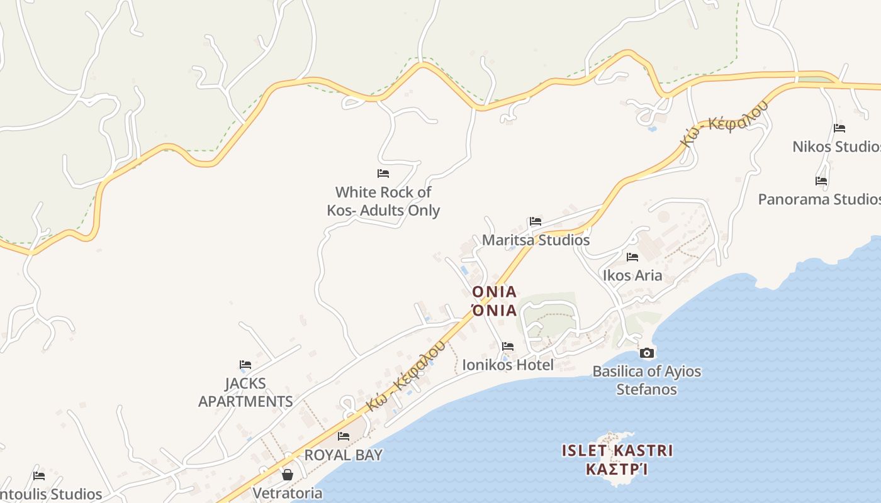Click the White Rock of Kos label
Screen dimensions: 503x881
click(x=383, y=201)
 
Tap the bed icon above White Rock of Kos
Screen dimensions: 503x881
click(x=383, y=174)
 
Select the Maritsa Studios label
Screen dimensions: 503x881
click(x=536, y=240)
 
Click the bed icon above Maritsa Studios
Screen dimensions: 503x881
click(x=536, y=221)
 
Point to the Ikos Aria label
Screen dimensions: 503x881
click(x=632, y=275)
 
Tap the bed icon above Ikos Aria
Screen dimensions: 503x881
click(x=632, y=257)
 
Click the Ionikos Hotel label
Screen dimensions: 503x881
click(x=508, y=365)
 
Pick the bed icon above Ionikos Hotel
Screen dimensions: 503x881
click(x=508, y=346)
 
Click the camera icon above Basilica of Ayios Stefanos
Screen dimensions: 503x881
click(x=646, y=353)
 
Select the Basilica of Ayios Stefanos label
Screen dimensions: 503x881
click(x=646, y=380)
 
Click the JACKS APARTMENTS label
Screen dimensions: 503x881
click(x=245, y=392)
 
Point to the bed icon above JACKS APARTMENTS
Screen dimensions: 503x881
click(x=245, y=365)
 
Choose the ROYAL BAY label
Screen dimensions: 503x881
click(x=344, y=455)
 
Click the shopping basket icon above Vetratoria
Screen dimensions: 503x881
click(x=288, y=475)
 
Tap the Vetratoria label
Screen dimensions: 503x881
click(x=288, y=493)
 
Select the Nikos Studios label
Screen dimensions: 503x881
click(x=836, y=146)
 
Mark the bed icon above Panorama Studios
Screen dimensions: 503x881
click(x=821, y=181)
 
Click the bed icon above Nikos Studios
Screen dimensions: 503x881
click(x=839, y=128)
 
